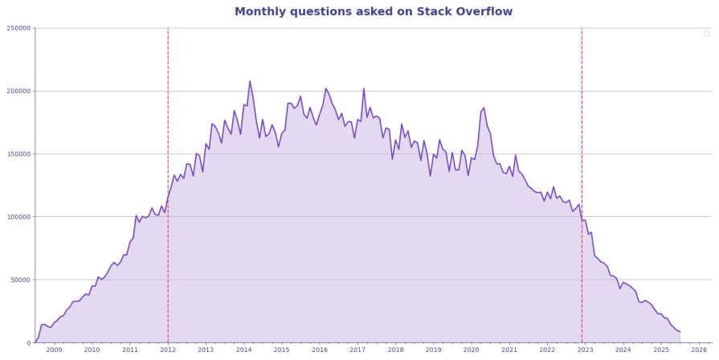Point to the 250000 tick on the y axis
tap(18, 28)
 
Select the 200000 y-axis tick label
tap(18, 91)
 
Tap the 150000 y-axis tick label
tap(18, 154)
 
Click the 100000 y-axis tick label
tap(18, 217)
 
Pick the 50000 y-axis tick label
tap(20, 280)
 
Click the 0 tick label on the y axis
tap(28, 343)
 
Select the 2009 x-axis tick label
tap(54, 350)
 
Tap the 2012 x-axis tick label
tap(168, 350)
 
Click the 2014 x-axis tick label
tap(243, 350)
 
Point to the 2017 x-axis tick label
tap(357, 350)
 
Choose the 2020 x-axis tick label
tap(472, 350)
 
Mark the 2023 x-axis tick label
tap(586, 350)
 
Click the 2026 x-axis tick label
tap(699, 350)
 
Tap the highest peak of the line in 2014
tap(250, 81)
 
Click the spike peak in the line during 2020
tap(484, 108)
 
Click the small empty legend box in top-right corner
tap(706, 34)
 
